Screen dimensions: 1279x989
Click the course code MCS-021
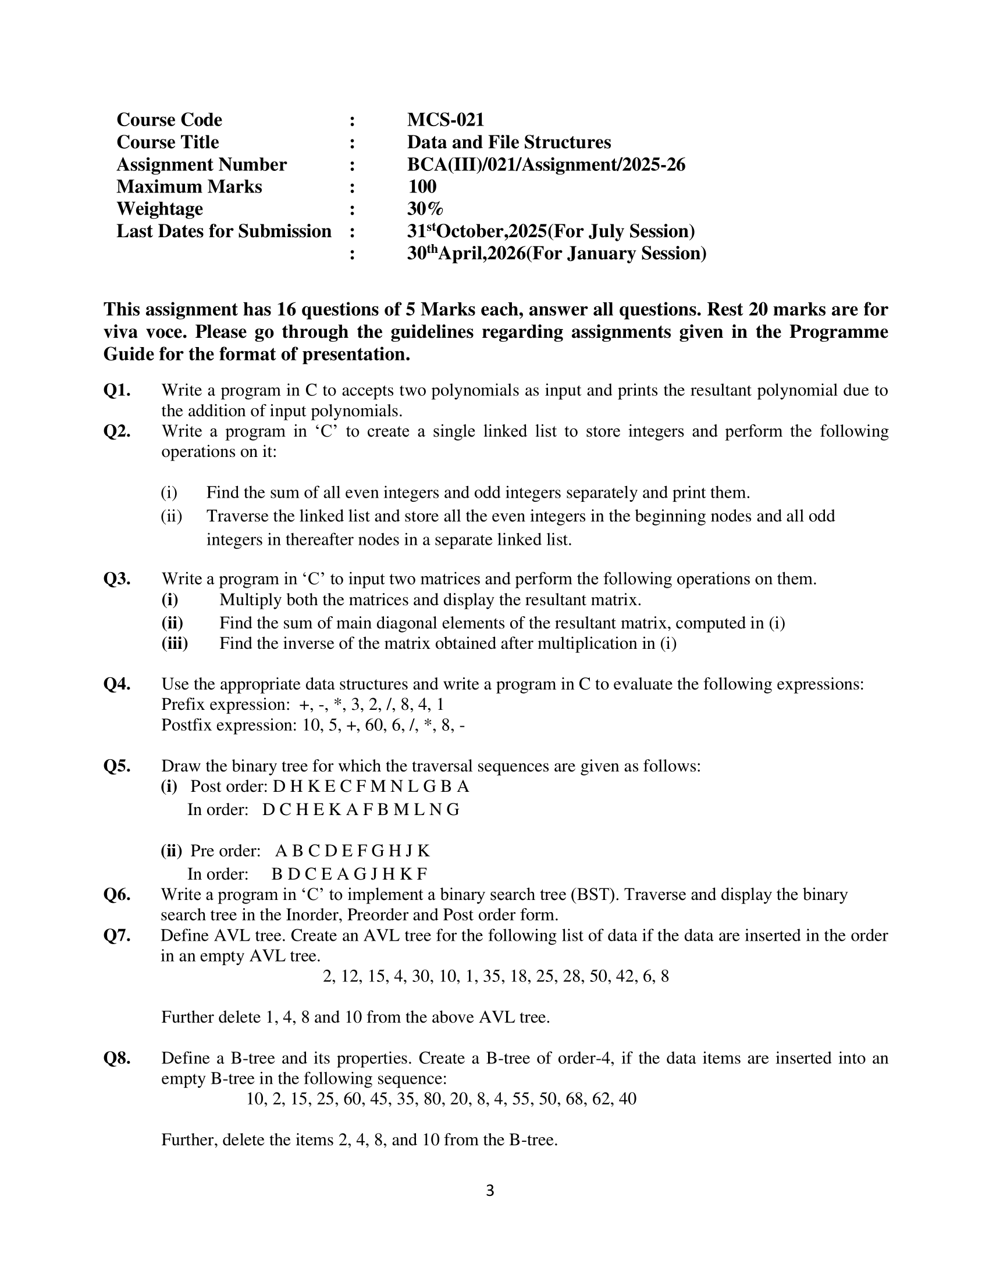445,120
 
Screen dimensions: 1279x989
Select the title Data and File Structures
508,142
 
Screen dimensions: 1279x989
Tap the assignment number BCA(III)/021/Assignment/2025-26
546,165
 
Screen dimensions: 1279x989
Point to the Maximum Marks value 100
422,187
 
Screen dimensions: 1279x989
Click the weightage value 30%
425,209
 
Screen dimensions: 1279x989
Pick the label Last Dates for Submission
224,231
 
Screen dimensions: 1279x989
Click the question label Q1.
116,390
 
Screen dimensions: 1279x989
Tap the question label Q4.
116,684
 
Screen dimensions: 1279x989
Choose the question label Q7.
116,935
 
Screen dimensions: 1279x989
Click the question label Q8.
116,1058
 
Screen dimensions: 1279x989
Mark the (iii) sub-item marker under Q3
175,644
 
